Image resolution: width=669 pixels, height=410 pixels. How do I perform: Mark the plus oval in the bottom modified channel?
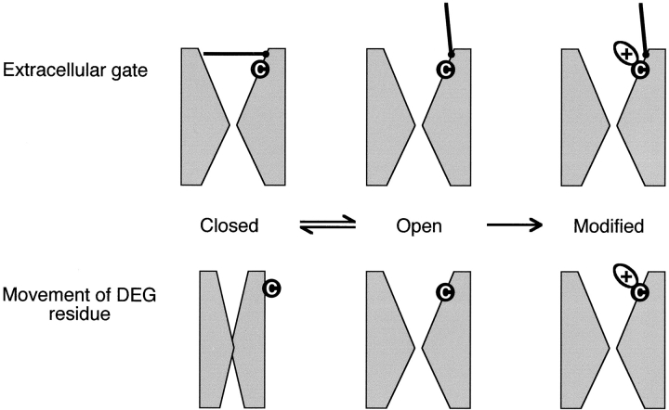(x=623, y=275)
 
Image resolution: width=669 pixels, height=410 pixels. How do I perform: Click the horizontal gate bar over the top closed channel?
(x=235, y=53)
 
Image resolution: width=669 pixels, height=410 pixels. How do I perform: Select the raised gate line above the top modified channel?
(x=642, y=28)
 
